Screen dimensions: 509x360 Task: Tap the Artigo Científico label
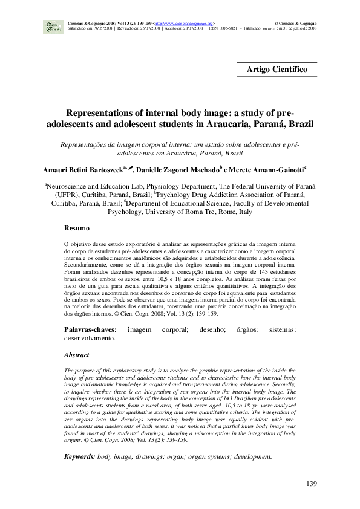click(277, 70)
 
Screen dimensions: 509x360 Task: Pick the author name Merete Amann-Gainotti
click(269, 168)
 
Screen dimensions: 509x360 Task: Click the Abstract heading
click(77, 355)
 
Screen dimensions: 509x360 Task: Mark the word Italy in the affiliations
click(243, 213)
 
